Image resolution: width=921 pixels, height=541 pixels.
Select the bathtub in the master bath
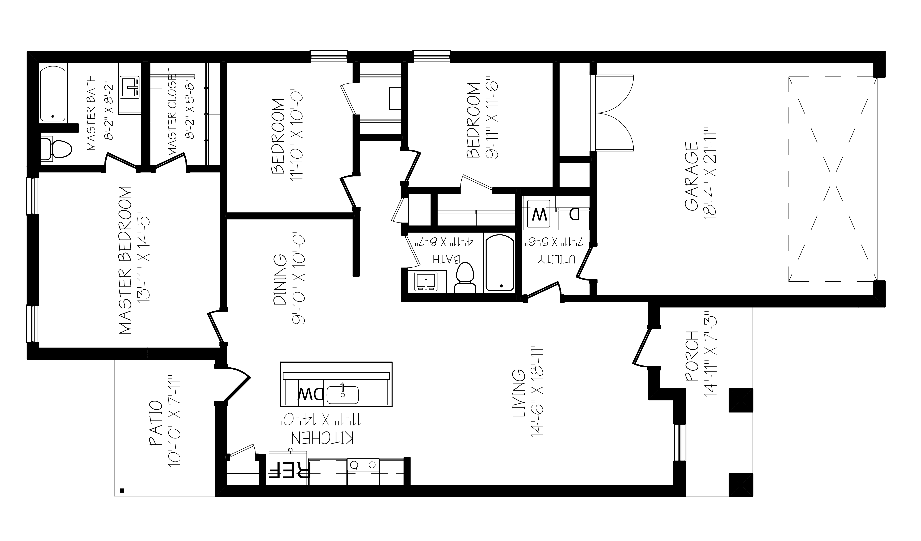(x=53, y=94)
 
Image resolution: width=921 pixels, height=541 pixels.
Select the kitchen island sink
(x=343, y=394)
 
